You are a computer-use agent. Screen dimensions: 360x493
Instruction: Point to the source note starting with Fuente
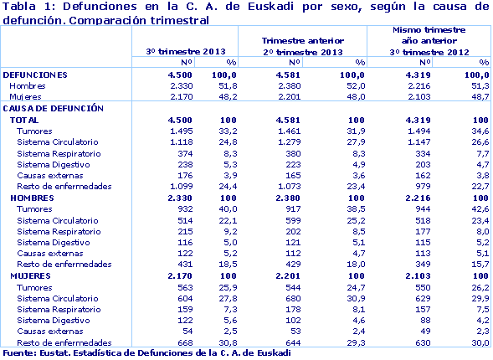pos(146,353)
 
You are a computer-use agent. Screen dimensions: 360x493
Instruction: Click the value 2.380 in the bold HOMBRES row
pos(309,196)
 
